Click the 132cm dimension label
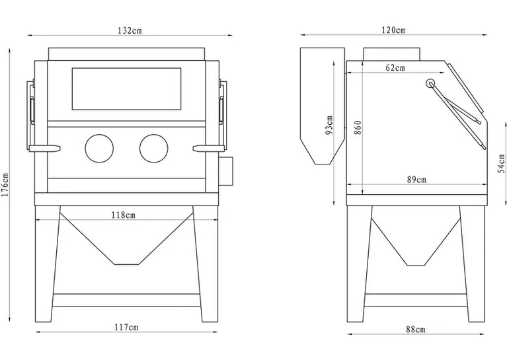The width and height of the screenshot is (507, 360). click(130, 30)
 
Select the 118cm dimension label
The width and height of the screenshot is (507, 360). click(123, 215)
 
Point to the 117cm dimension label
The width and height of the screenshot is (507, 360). click(126, 328)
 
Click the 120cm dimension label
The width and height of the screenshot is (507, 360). click(393, 30)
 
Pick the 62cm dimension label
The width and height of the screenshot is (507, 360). click(395, 68)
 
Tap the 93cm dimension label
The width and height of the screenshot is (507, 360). click(329, 126)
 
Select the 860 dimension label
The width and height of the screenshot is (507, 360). click(358, 128)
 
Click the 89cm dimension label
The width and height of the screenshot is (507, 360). click(416, 180)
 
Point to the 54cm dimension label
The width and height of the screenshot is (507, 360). click(501, 164)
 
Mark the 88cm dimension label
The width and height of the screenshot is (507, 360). click(416, 330)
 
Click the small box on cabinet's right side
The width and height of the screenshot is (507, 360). click(226, 171)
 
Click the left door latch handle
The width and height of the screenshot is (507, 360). click(45, 149)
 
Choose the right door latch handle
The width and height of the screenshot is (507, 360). click(209, 149)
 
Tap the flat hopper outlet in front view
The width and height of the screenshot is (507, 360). click(127, 264)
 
